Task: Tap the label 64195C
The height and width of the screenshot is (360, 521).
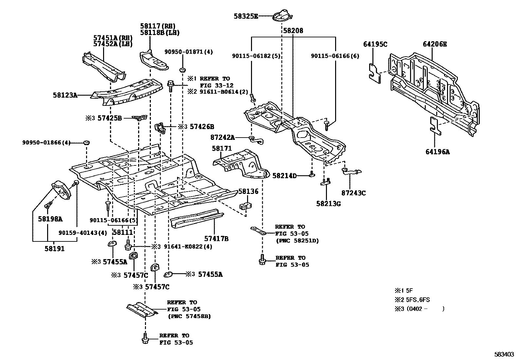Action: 375,44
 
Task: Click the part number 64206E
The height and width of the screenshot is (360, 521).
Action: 435,44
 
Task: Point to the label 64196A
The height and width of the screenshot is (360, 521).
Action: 438,152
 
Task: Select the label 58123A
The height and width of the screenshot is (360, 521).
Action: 65,95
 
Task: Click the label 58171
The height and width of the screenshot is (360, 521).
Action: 222,148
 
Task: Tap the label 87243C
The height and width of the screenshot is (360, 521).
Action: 353,193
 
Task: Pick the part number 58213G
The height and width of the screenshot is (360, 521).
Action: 328,204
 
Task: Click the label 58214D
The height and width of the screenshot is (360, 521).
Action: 284,176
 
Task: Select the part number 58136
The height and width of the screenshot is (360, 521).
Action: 248,191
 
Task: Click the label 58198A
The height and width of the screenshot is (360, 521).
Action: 50,218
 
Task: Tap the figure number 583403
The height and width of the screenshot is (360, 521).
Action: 504,354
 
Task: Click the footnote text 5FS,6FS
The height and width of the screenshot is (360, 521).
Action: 418,299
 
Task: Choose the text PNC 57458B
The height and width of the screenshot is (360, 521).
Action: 189,316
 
